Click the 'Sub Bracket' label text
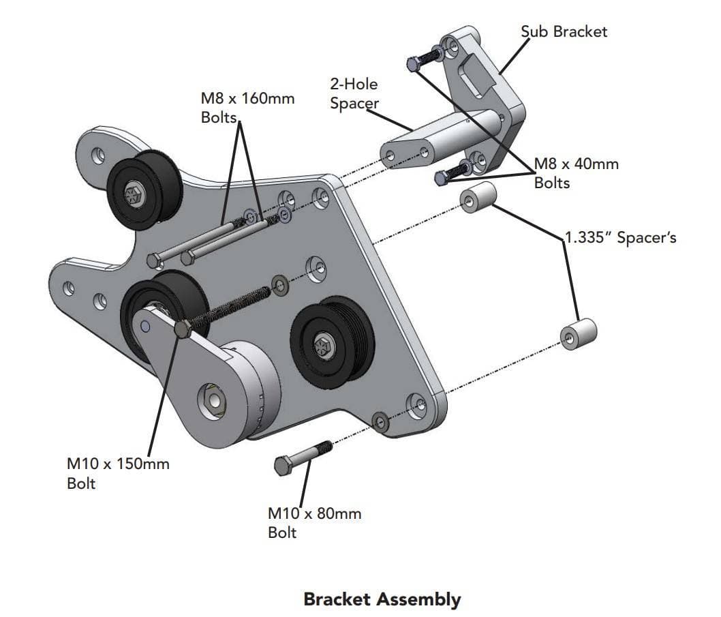[x=564, y=31]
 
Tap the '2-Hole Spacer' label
[x=354, y=94]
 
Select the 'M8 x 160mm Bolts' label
[x=247, y=107]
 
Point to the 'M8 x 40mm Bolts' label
[x=576, y=173]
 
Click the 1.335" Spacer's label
[x=621, y=238]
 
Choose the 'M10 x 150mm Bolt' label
[x=118, y=474]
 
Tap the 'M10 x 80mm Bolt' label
[x=314, y=522]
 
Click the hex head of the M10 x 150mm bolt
[x=182, y=329]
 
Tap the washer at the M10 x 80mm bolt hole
[x=380, y=421]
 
